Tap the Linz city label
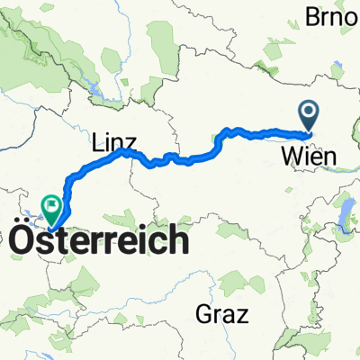click(114, 142)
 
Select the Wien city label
click(309, 157)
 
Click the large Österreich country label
click(100, 239)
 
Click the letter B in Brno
click(316, 15)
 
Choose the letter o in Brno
click(352, 15)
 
